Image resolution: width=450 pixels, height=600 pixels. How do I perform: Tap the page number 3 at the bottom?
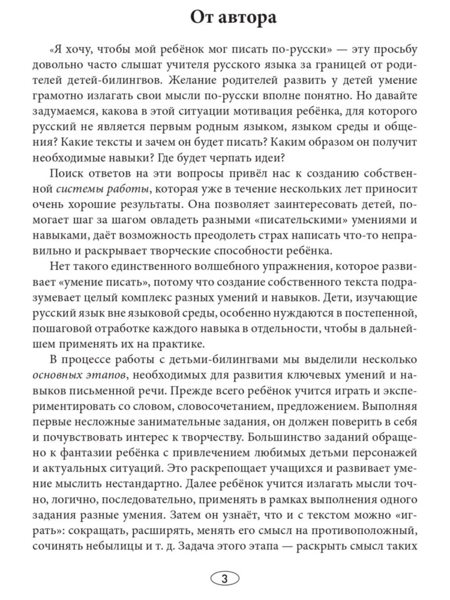click(225, 579)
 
